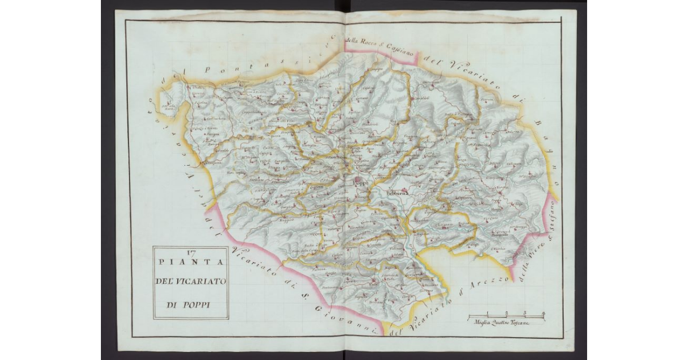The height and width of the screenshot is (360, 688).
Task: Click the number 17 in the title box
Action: [190, 252]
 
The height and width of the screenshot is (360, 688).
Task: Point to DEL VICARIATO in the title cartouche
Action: [190, 281]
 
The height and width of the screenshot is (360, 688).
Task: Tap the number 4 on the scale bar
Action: [542, 313]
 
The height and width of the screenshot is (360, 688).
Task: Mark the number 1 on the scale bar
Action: [487, 313]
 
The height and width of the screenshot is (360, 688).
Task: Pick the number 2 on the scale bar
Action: [506, 313]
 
